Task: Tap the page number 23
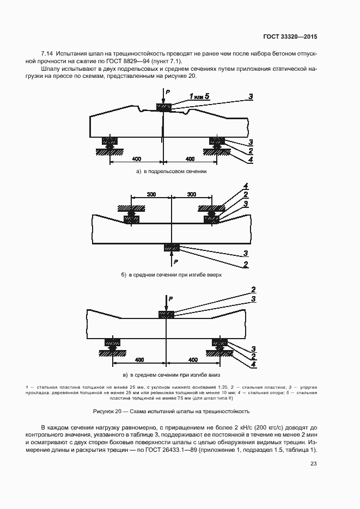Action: (313, 463)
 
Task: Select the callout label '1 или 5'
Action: (199, 96)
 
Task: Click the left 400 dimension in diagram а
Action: (136, 159)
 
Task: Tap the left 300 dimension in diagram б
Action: (151, 194)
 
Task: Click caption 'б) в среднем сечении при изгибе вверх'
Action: (172, 275)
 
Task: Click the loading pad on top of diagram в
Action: (166, 315)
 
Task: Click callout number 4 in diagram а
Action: (250, 160)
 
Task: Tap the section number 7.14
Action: (47, 53)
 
